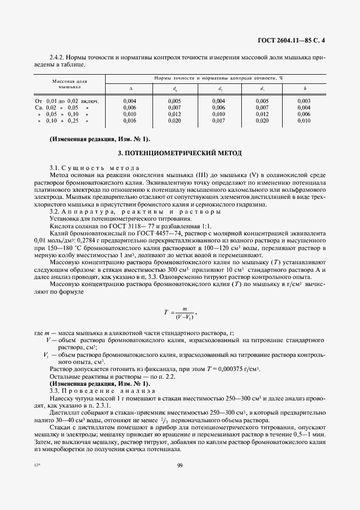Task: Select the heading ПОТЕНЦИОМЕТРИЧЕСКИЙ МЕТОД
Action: pos(180,152)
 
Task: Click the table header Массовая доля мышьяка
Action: pos(70,83)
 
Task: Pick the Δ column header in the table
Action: pos(130,88)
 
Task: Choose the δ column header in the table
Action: pos(304,88)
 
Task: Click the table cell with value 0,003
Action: pos(304,101)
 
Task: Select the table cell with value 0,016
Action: pos(130,120)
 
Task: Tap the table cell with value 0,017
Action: pos(218,120)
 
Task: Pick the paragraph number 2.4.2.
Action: pos(58,57)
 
